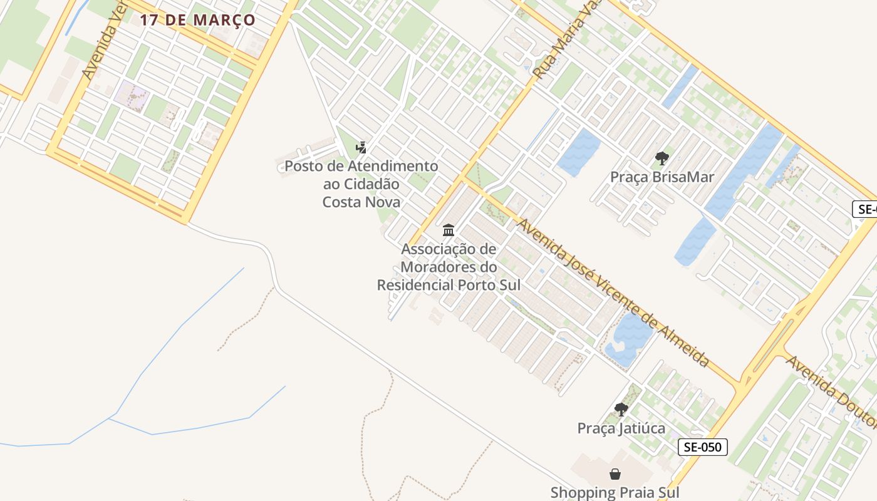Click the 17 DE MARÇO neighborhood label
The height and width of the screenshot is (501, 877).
point(197,20)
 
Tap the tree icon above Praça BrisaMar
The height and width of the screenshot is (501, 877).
point(662,158)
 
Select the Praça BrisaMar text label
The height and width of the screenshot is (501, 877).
point(662,177)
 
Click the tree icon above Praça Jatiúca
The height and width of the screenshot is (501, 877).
point(621,410)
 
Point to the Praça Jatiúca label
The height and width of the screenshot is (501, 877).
point(621,428)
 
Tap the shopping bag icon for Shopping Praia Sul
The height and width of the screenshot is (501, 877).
point(615,474)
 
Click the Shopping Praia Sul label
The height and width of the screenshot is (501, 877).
point(615,492)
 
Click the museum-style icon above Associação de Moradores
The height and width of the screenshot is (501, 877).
point(449,230)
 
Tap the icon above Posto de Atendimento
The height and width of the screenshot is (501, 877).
point(361,148)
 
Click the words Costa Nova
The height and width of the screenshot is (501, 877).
point(361,202)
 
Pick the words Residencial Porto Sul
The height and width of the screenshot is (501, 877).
point(449,285)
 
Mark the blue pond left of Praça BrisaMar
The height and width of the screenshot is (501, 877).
point(578,152)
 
